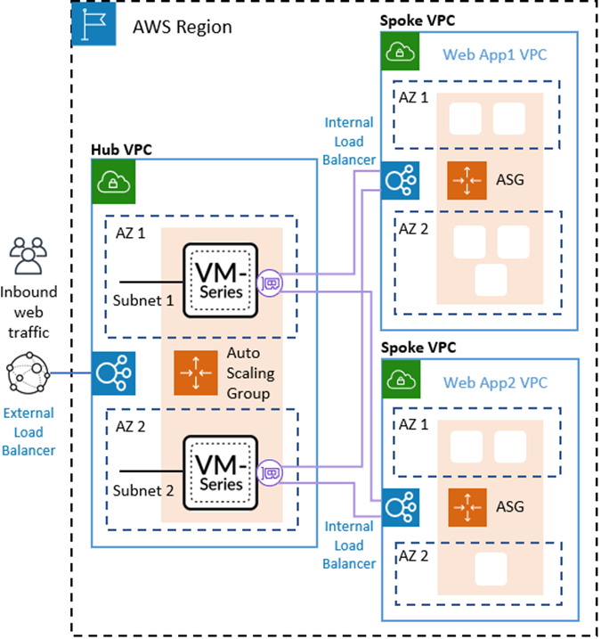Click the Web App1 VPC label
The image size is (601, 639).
click(494, 55)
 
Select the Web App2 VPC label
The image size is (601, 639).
click(494, 383)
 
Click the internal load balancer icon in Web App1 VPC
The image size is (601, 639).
click(397, 179)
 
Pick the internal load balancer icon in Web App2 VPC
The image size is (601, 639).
click(397, 507)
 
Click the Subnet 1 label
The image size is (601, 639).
click(143, 300)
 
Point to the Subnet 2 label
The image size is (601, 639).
click(143, 491)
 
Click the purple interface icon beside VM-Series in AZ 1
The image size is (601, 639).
click(270, 283)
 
